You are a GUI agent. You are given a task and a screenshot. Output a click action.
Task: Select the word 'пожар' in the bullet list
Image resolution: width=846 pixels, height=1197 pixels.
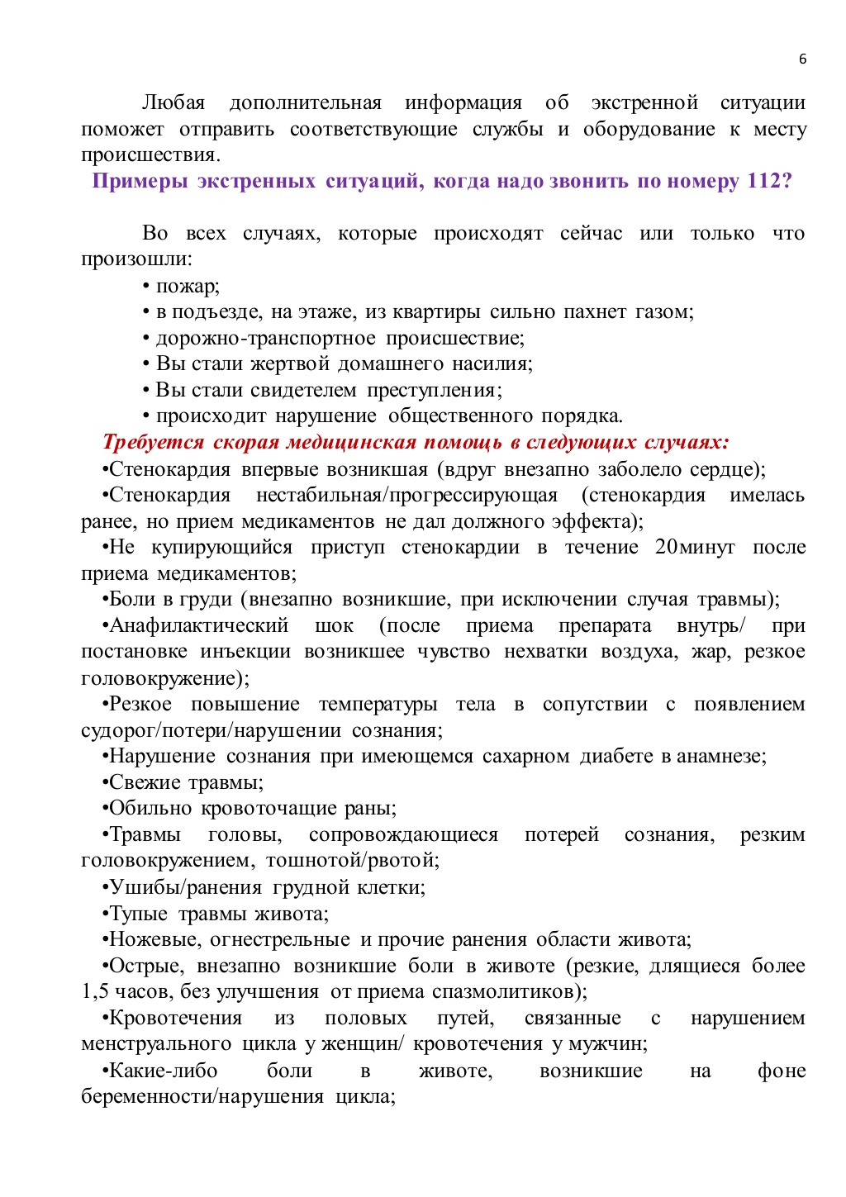click(x=186, y=287)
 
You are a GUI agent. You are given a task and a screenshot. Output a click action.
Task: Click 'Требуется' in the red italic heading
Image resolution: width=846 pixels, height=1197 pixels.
click(x=153, y=443)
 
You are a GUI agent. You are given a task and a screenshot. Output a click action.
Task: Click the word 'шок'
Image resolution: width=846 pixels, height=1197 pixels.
click(x=334, y=626)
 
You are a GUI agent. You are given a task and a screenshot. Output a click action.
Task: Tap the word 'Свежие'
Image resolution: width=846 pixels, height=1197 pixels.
click(x=145, y=783)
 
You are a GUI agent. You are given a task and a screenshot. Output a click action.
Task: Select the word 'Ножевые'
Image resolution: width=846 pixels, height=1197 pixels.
click(x=154, y=940)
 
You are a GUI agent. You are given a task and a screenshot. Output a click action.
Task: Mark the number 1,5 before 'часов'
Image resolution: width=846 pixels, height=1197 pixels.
click(x=94, y=992)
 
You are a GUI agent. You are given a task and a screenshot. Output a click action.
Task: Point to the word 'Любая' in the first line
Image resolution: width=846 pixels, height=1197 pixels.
click(x=173, y=103)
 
